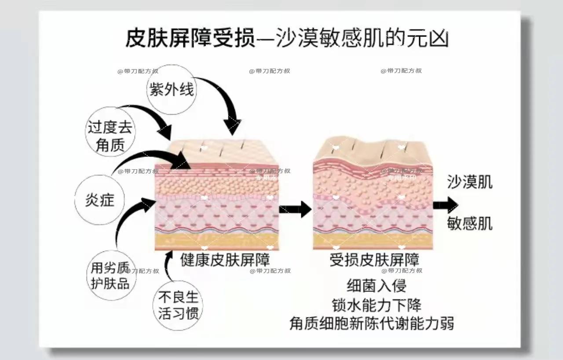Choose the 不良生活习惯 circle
pos(178,305)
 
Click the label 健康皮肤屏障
pos(225,259)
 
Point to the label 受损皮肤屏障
pos(374,259)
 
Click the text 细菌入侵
pos(377,286)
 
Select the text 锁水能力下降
pos(377,305)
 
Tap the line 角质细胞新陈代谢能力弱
pos(372,324)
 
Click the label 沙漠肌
pos(469,182)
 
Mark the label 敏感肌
pos(469,223)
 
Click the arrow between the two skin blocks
pos(295,208)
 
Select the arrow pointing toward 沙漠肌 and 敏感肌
pos(445,205)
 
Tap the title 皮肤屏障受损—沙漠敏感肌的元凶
pos(287,39)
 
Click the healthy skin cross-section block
pos(216,196)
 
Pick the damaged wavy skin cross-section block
pos(373,193)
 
